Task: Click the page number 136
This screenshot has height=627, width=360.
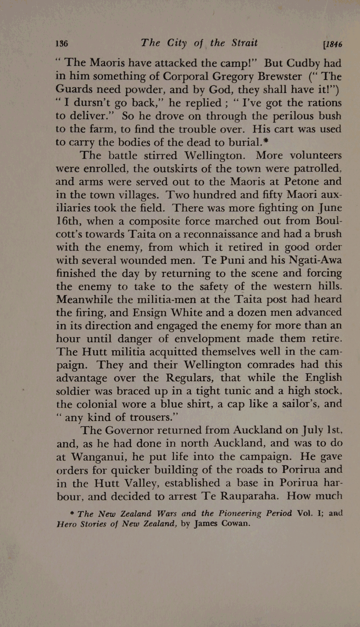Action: (x=62, y=44)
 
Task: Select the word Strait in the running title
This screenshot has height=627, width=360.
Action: (x=244, y=43)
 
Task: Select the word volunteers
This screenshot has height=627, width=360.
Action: (x=315, y=156)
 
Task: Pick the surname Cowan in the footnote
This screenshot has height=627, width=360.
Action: (x=236, y=524)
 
